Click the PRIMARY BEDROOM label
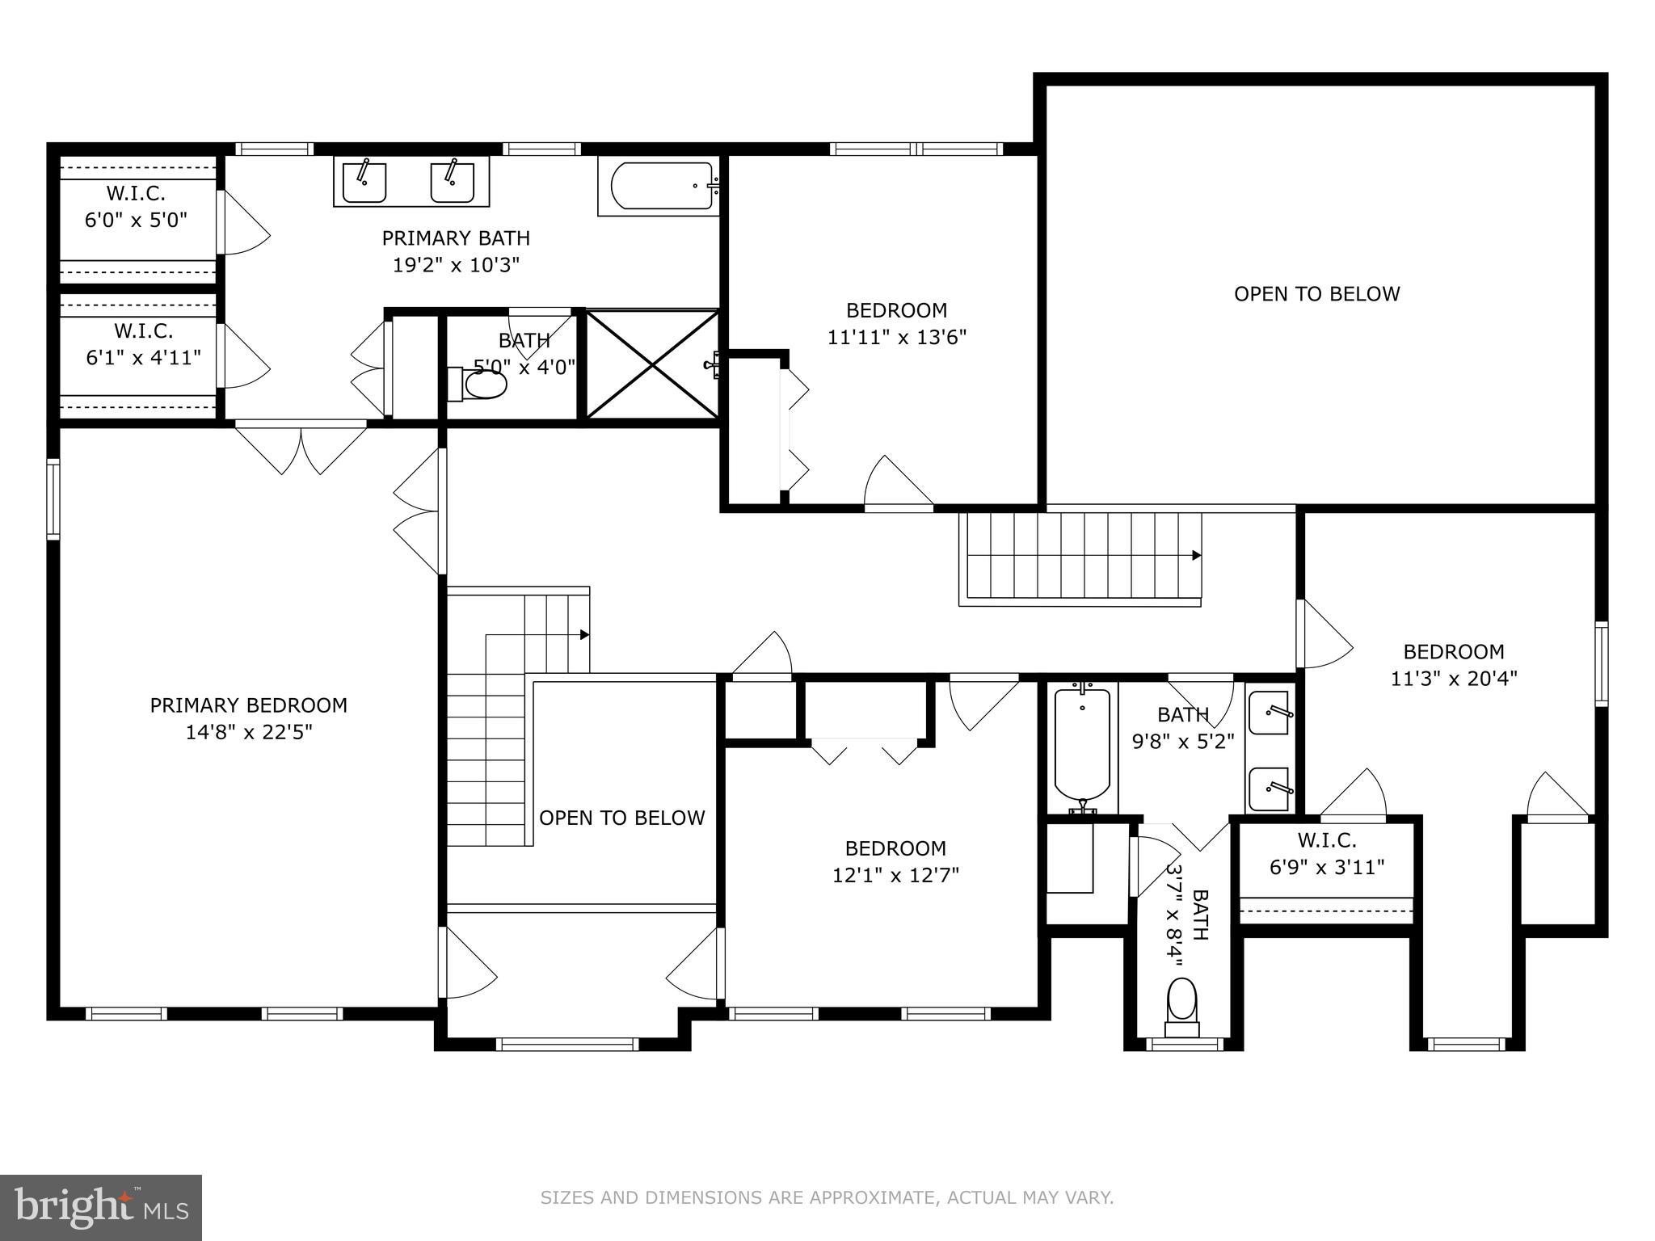point(248,705)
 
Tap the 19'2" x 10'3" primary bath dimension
point(456,266)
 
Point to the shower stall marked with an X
point(651,365)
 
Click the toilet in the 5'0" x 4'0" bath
point(480,384)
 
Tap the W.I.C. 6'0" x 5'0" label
point(136,207)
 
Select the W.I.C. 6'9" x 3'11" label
point(1327,854)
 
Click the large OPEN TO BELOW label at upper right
point(1316,294)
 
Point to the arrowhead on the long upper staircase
point(1197,556)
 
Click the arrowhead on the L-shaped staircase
point(584,635)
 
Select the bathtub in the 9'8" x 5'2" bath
point(1082,747)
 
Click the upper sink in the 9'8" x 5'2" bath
point(1269,713)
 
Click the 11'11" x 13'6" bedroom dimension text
point(896,337)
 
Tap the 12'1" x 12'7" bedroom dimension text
point(895,876)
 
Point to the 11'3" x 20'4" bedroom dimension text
point(1453,679)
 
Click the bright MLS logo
point(101,1207)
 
